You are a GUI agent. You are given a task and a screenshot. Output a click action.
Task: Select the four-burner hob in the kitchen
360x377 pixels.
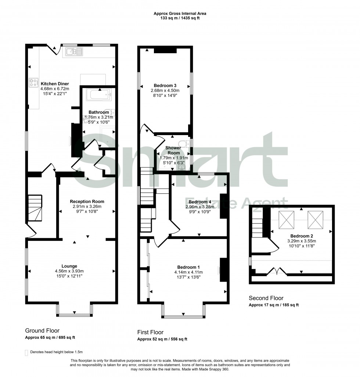[x=34, y=83]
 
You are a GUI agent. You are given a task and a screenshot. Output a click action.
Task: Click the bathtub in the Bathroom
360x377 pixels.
[x=98, y=95]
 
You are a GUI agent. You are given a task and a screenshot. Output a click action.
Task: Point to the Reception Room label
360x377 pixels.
[x=87, y=201]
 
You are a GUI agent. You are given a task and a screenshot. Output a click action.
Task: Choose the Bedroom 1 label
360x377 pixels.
[x=188, y=267]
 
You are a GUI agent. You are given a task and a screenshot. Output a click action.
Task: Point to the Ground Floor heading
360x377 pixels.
[x=42, y=330]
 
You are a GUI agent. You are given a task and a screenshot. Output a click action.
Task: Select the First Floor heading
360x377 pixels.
[x=150, y=332]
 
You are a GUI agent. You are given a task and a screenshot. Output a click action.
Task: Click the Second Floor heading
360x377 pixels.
[x=266, y=298]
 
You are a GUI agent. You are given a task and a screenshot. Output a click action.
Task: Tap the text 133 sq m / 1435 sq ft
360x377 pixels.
[x=180, y=18]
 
